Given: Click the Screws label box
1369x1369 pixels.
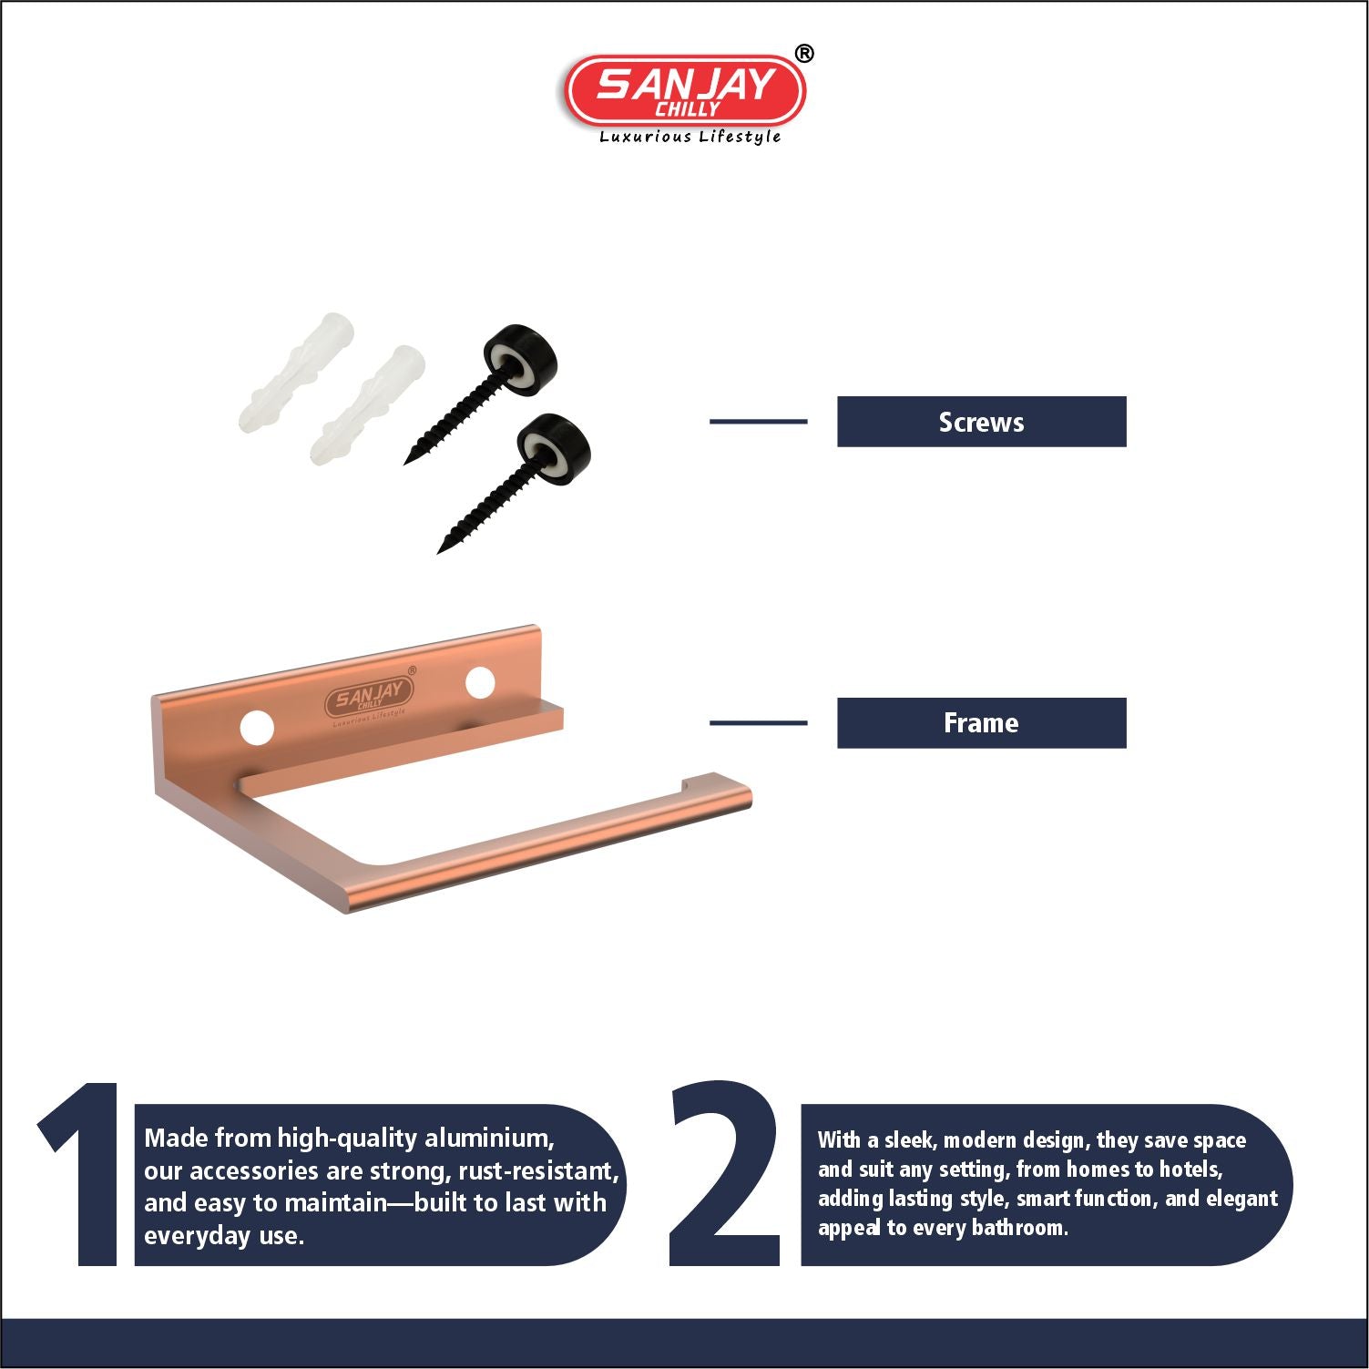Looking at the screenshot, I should [981, 422].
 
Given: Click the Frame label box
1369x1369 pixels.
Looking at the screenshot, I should [981, 723].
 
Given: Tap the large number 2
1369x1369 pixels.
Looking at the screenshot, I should [725, 1175].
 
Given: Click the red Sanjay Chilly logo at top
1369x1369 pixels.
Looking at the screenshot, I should [685, 90].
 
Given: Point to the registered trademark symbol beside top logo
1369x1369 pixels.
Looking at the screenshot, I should [803, 54].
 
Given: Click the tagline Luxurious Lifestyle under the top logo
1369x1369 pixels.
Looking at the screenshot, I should [690, 137].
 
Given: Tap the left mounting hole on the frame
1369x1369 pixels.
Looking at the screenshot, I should [257, 728].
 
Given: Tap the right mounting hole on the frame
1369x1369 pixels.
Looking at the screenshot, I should [480, 682].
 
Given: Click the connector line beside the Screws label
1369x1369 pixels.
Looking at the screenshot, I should [758, 422].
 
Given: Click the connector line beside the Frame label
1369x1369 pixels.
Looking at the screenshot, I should [758, 723].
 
